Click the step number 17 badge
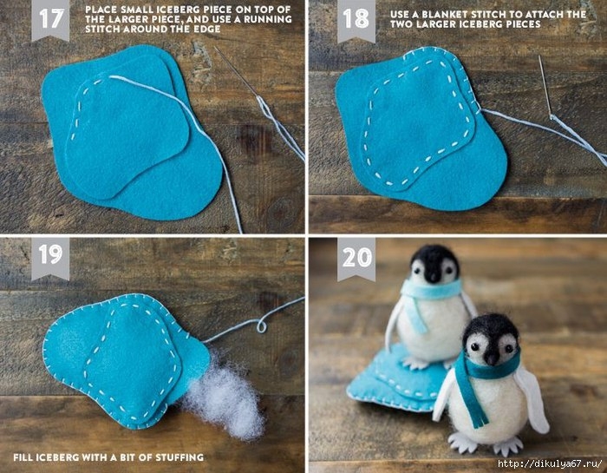[50, 19]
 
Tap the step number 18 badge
[356, 19]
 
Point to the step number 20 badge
[356, 258]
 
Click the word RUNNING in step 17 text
[268, 19]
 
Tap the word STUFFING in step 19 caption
[179, 457]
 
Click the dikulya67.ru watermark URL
[550, 463]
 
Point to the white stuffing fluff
[224, 399]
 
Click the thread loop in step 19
[262, 326]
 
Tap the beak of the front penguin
[492, 358]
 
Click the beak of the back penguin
[434, 276]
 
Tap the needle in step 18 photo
[545, 86]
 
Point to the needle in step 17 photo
[236, 72]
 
